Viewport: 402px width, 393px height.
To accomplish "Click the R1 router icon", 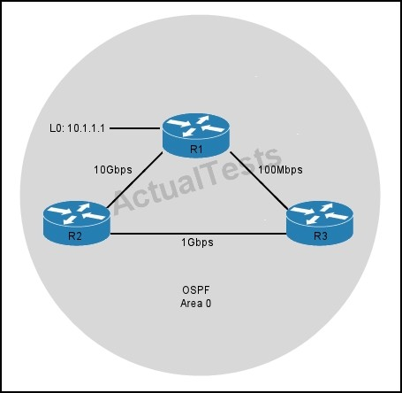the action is click(196, 135).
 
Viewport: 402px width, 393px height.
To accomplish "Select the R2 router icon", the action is click(77, 223).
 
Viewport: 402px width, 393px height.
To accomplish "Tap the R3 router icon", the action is click(320, 223).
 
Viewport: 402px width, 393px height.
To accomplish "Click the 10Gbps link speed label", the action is click(113, 170).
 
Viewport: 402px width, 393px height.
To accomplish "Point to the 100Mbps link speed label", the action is click(280, 170).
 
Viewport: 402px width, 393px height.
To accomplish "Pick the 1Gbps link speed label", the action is click(197, 243).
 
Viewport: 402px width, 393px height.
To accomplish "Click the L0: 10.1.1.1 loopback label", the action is click(77, 128).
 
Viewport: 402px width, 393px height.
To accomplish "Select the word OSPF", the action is click(196, 290).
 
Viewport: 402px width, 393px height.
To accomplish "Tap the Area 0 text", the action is click(196, 304).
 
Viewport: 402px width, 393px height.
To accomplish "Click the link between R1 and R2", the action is click(134, 180).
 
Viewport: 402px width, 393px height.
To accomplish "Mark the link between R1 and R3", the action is click(259, 181).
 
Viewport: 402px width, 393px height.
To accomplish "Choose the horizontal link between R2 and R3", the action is click(198, 235).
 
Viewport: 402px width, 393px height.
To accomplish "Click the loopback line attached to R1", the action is click(134, 128).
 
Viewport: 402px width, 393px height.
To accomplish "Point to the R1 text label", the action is click(196, 150).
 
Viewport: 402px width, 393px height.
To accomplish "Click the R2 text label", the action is click(75, 236).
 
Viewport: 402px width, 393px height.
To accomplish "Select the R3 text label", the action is click(321, 236).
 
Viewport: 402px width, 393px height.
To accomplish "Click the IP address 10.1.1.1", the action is click(86, 128).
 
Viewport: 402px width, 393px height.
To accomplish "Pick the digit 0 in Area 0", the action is click(209, 304).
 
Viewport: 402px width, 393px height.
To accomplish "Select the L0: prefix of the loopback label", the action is click(57, 128).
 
